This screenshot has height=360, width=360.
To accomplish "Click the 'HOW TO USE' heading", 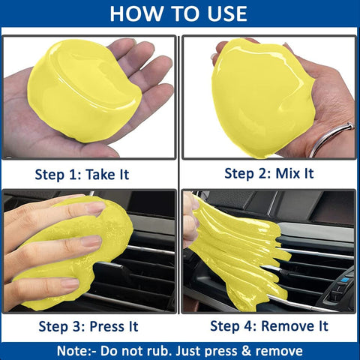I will coord(180,13).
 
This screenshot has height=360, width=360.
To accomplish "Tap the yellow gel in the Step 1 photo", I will coord(82,90).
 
